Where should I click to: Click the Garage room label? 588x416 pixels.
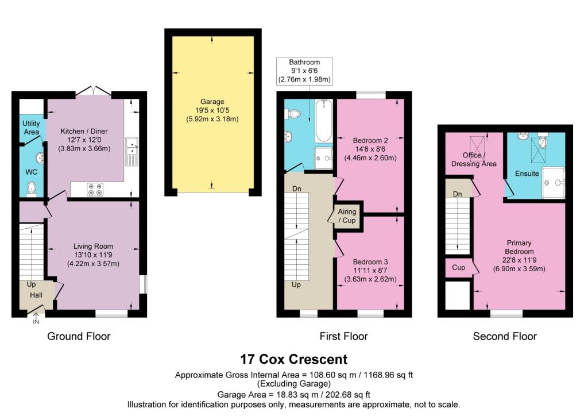click(x=212, y=102)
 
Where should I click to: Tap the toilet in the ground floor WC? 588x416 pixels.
click(x=32, y=188)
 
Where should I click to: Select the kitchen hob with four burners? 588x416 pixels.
click(x=95, y=189)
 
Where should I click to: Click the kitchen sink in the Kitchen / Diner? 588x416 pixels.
click(x=132, y=147)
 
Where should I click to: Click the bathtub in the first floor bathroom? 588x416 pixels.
click(x=323, y=121)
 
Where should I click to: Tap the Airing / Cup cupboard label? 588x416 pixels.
click(x=347, y=216)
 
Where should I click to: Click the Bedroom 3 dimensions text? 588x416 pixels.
click(x=370, y=280)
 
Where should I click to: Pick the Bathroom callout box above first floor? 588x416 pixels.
click(x=304, y=71)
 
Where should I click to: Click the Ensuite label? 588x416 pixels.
click(x=527, y=173)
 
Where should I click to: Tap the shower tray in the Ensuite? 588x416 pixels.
click(x=554, y=182)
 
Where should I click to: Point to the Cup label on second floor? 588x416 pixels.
click(x=458, y=268)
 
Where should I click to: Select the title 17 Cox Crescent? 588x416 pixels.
click(x=293, y=359)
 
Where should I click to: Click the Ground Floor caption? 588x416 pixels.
click(x=79, y=336)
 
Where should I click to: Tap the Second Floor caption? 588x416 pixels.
click(x=505, y=336)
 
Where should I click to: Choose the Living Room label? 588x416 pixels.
click(x=94, y=246)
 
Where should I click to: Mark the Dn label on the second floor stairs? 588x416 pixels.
click(x=458, y=194)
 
